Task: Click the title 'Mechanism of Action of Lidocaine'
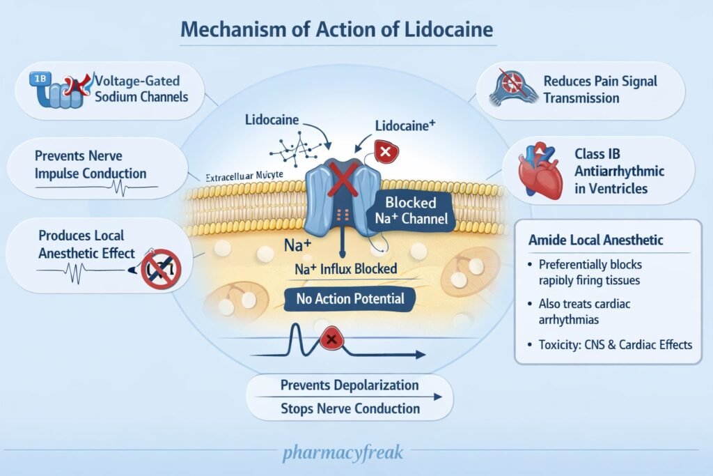click(x=338, y=30)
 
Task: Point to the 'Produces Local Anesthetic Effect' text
click(x=87, y=245)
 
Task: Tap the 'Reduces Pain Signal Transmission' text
click(x=600, y=89)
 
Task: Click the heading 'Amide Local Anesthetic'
click(x=595, y=240)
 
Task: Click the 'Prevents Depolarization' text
click(x=350, y=385)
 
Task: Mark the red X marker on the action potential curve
click(x=330, y=339)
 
